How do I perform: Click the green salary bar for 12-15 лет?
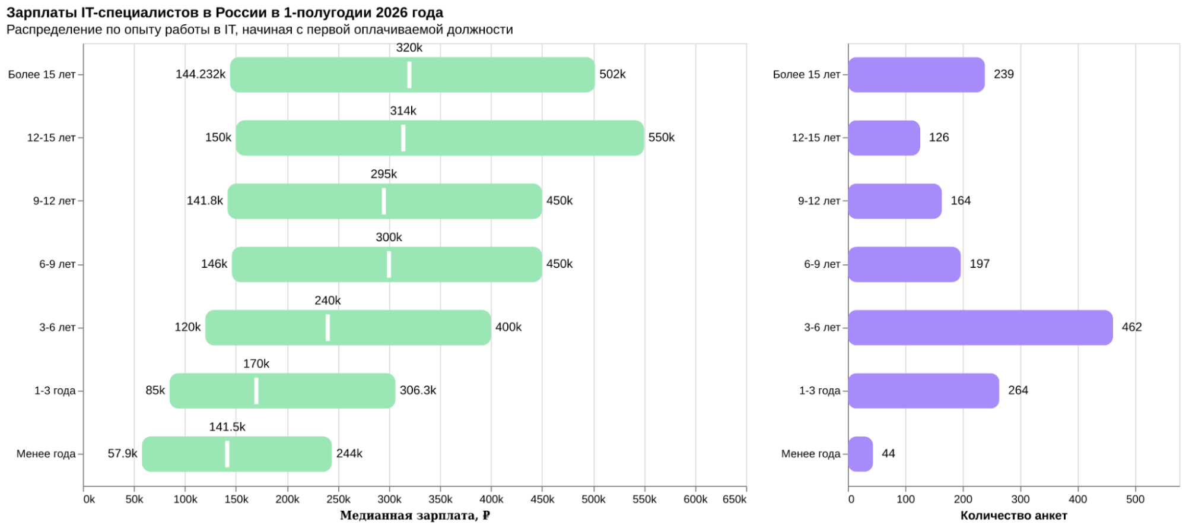coord(440,138)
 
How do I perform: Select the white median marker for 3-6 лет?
coord(327,327)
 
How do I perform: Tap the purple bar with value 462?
coord(980,327)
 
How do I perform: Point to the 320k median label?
coord(409,48)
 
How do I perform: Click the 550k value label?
coord(662,138)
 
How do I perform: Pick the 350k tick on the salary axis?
coord(440,499)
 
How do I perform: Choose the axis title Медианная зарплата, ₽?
coord(415,516)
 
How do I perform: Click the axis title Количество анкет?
coord(1013,516)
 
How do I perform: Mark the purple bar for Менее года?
coord(860,454)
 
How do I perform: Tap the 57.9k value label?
coord(122,454)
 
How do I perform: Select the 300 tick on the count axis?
coord(1020,499)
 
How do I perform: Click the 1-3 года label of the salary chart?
coord(55,391)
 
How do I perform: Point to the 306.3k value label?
coord(418,390)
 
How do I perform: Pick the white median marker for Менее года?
coord(227,454)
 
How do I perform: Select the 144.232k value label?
coord(201,74)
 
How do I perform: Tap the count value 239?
coord(1004,74)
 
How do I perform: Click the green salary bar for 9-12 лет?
coord(384,201)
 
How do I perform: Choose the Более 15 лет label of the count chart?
coord(806,75)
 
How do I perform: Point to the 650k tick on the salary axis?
coord(735,499)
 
